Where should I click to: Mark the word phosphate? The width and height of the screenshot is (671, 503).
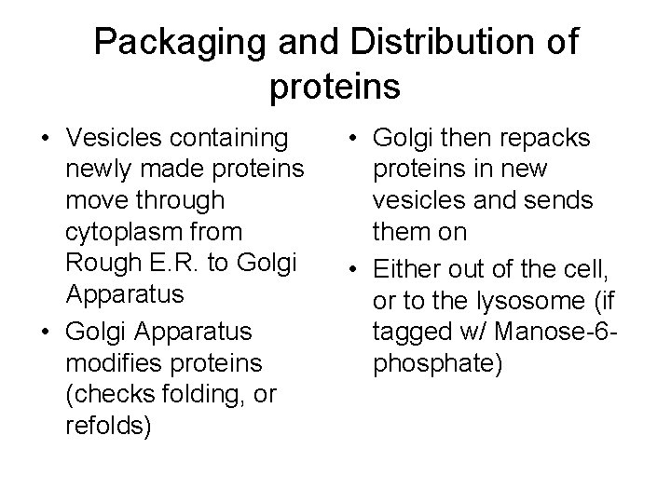tap(438, 363)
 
